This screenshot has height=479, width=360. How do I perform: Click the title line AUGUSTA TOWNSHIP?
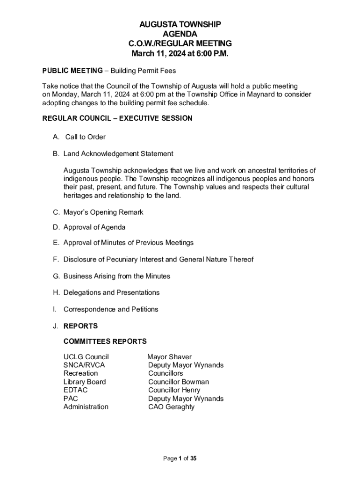pos(180,24)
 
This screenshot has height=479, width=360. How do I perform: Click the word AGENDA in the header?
pos(180,34)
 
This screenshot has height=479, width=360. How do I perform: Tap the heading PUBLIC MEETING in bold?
pos(72,71)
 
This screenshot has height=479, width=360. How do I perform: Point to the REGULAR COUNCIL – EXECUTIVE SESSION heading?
pos(117,118)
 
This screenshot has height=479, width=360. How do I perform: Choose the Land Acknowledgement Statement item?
pos(118,154)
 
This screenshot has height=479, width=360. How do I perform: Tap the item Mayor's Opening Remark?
pos(103,212)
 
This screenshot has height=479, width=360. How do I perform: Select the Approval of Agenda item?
pos(94,227)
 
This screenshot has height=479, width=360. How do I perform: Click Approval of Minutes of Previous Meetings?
pos(129,243)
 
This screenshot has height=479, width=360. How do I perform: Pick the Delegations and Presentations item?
pos(111,293)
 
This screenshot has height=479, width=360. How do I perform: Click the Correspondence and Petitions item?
pos(111,309)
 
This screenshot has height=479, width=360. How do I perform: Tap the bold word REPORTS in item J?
pos(80,326)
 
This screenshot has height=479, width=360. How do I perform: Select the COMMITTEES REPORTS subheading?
pos(105,341)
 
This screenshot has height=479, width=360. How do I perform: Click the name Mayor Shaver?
pos(169,357)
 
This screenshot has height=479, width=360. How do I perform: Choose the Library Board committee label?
pos(85,382)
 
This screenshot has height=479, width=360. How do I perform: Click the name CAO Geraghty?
pos(171,407)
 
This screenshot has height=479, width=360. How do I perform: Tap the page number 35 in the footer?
pos(193,459)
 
